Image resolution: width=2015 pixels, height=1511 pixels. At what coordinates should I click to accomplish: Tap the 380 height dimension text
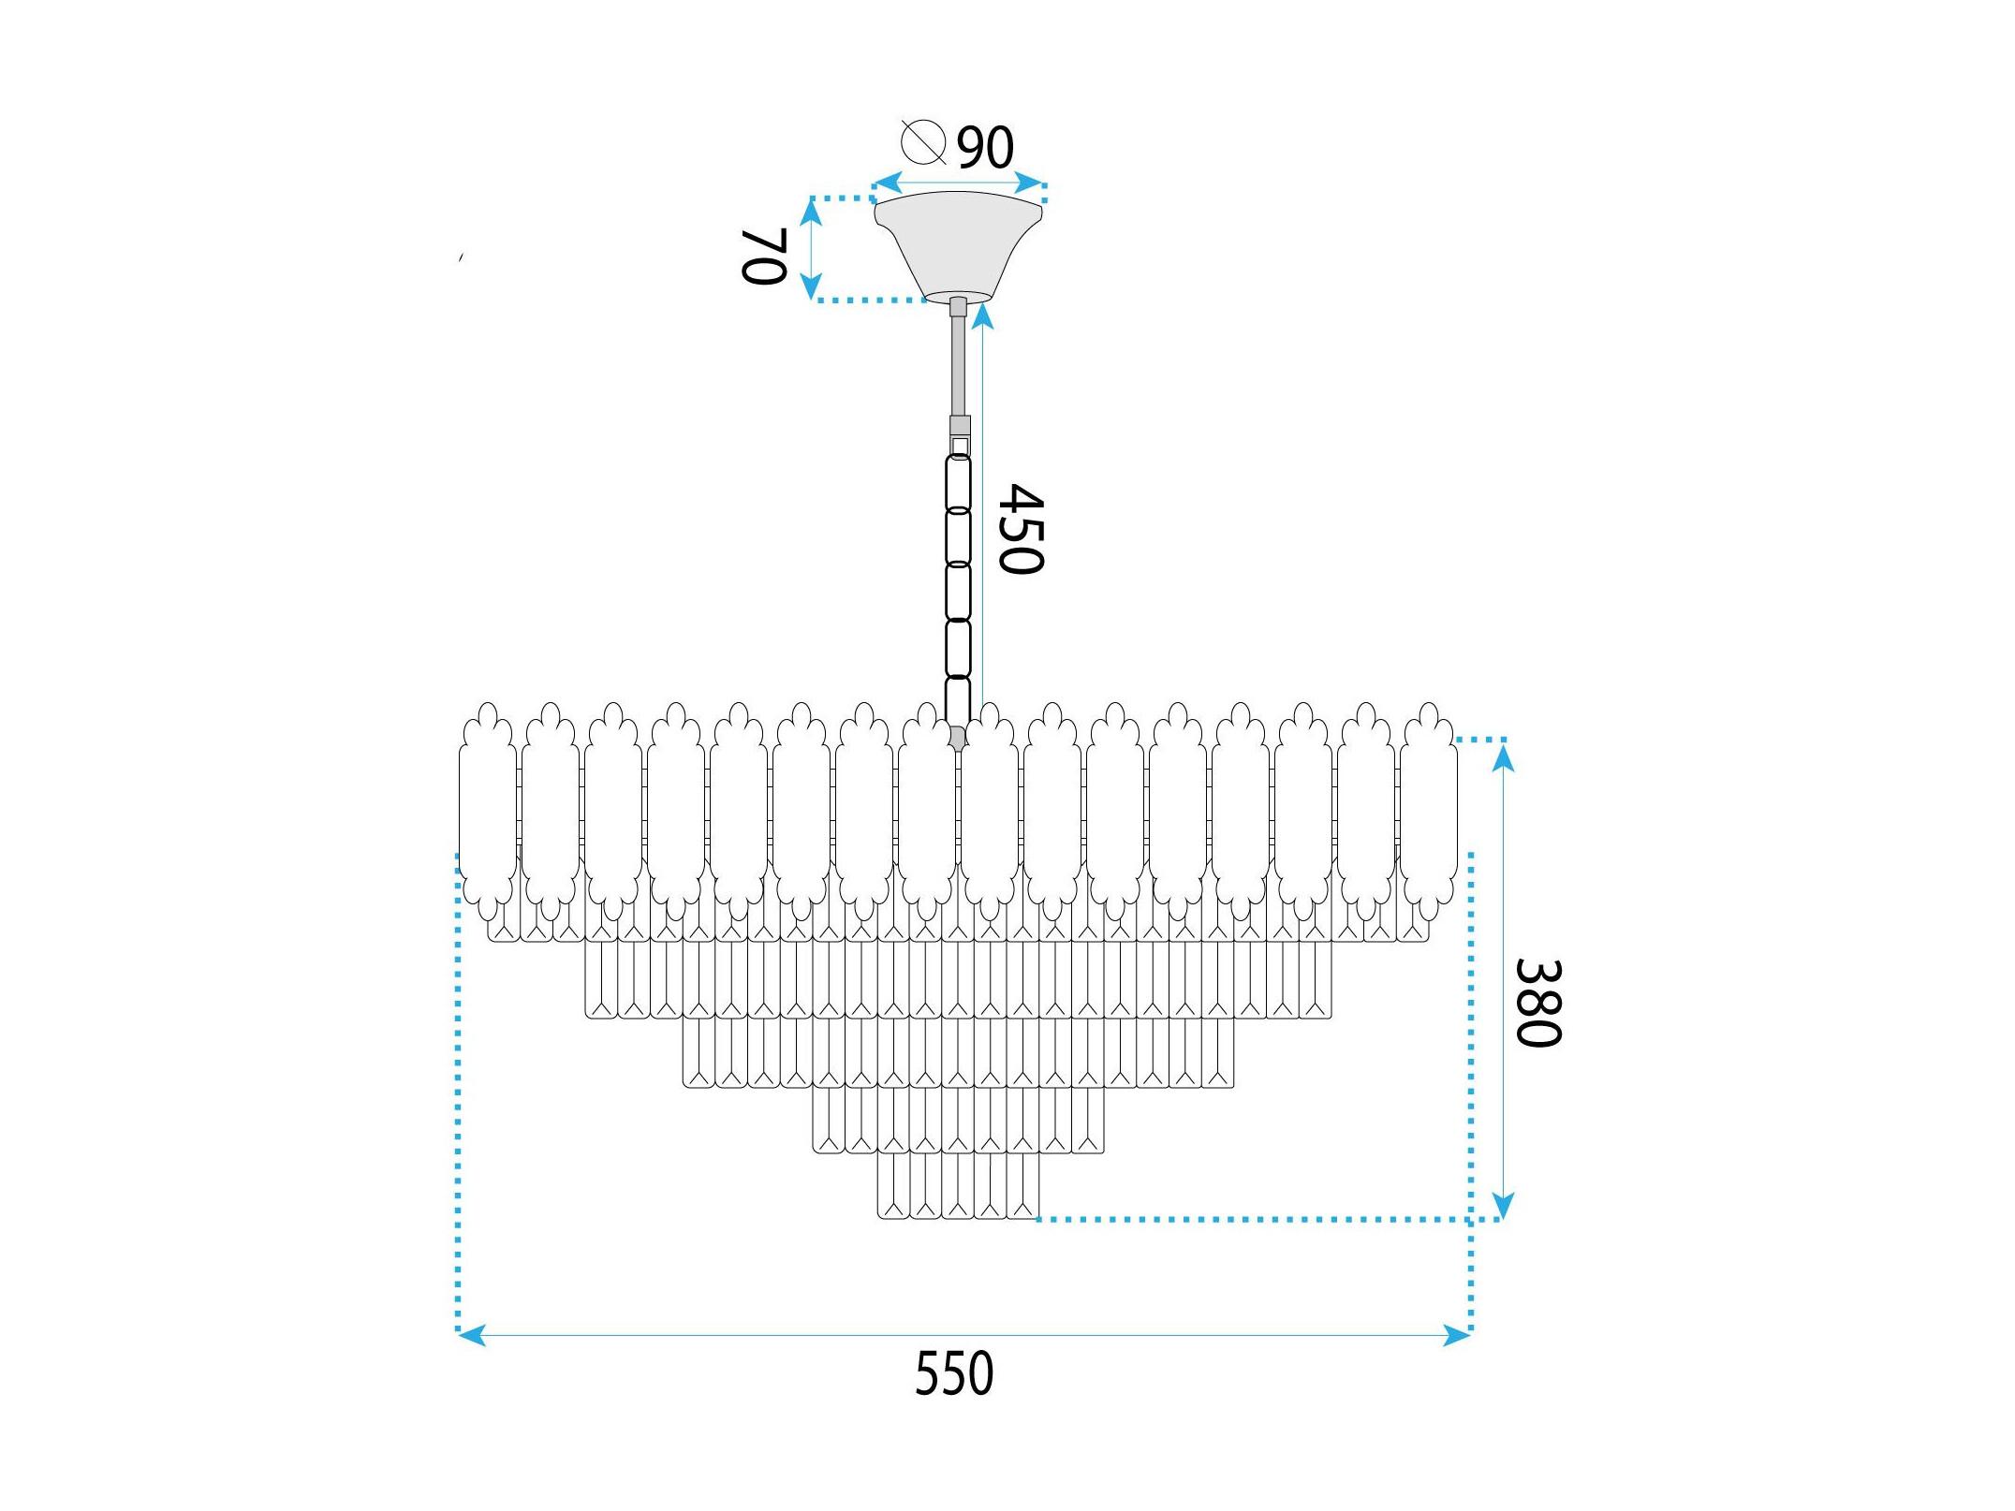(x=1538, y=1003)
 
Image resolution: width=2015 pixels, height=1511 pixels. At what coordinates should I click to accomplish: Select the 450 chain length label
(x=1020, y=529)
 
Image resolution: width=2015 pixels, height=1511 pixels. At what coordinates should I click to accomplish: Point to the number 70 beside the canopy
(x=762, y=256)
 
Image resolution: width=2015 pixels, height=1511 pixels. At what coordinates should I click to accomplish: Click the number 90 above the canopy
(x=985, y=148)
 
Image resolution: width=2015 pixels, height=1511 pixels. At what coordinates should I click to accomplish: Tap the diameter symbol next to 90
(x=923, y=142)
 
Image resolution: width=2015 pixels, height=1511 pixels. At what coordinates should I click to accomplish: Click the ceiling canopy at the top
(x=958, y=246)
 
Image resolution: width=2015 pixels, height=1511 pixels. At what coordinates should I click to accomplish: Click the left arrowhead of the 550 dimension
(x=471, y=1335)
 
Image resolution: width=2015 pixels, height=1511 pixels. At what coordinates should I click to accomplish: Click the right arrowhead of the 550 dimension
(x=1457, y=1335)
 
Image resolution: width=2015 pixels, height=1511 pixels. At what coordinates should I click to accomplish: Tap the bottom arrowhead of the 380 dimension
(x=1503, y=1204)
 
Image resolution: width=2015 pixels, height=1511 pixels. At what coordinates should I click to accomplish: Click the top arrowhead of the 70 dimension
(x=812, y=213)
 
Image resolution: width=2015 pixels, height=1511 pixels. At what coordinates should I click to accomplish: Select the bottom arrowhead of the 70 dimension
(x=812, y=286)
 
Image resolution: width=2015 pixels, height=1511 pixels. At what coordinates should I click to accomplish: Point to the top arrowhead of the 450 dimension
(x=981, y=316)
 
